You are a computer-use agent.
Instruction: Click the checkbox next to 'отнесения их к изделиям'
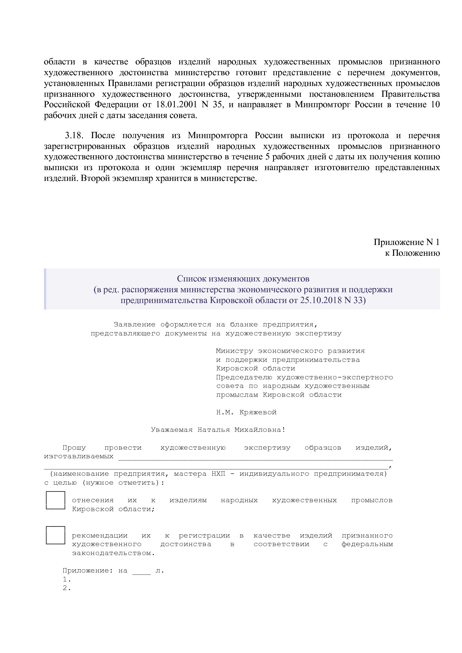click(56, 500)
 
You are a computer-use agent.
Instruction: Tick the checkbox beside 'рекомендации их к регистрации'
click(56, 535)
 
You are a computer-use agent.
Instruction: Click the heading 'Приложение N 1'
click(406, 242)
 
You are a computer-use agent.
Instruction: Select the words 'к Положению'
click(412, 253)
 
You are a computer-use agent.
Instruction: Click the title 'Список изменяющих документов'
click(243, 278)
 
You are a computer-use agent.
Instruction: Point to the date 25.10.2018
click(321, 300)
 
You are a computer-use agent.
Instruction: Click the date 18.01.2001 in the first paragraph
click(175, 105)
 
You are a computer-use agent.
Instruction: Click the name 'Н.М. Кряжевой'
click(246, 412)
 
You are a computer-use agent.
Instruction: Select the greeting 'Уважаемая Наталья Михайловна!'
click(218, 430)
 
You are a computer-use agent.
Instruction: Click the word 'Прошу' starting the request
click(74, 447)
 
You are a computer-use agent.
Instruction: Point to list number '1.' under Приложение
click(67, 579)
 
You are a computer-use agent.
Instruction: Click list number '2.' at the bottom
click(67, 588)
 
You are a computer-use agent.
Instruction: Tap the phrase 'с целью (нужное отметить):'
click(104, 482)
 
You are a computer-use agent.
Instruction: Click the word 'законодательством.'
click(113, 553)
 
